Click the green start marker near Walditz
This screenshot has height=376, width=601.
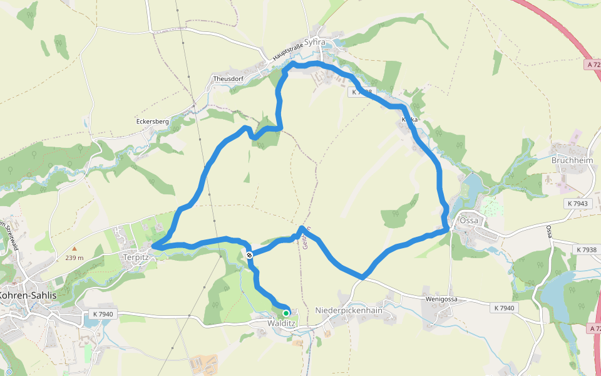(x=286, y=313)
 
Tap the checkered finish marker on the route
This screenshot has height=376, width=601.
(x=249, y=254)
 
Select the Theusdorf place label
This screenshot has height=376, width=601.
(x=227, y=79)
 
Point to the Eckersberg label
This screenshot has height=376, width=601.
(x=153, y=122)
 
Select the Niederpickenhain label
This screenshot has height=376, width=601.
(x=349, y=311)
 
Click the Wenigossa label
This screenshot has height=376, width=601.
(x=442, y=299)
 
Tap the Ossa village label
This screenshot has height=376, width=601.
(x=468, y=221)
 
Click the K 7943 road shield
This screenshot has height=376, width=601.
(x=578, y=204)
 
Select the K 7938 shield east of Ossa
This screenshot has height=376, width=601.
(x=585, y=249)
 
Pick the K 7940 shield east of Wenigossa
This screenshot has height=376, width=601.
(x=503, y=308)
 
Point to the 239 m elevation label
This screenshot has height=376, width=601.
(x=74, y=258)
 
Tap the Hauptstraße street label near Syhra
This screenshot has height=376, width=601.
(x=287, y=52)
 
